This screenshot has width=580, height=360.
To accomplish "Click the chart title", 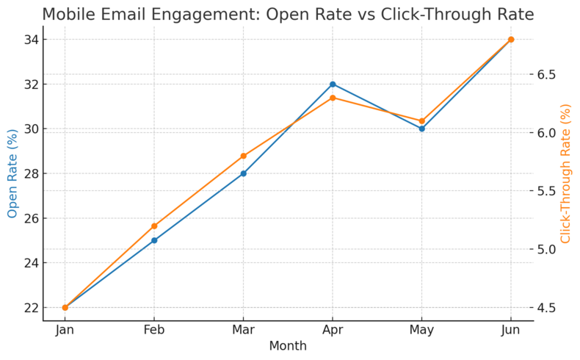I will pyautogui.click(x=288, y=14).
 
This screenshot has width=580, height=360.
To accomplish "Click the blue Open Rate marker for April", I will pyautogui.click(x=333, y=84).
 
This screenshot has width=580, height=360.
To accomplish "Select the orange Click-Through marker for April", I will pyautogui.click(x=333, y=98).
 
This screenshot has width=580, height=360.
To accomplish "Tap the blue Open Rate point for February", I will pyautogui.click(x=154, y=240).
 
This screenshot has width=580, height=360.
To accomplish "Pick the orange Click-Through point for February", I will pyautogui.click(x=154, y=226).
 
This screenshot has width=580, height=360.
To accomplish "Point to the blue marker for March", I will pyautogui.click(x=243, y=173).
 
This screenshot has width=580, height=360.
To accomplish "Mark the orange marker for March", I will pyautogui.click(x=243, y=156).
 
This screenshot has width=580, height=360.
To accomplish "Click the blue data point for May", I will pyautogui.click(x=421, y=129).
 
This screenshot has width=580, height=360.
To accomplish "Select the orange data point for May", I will pyautogui.click(x=421, y=121).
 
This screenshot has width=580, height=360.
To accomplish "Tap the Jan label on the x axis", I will pyautogui.click(x=65, y=331).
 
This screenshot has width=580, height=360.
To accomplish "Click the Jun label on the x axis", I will pyautogui.click(x=511, y=331).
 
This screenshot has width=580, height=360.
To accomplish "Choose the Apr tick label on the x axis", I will pyautogui.click(x=333, y=331).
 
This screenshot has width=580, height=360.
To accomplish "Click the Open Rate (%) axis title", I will pyautogui.click(x=12, y=173).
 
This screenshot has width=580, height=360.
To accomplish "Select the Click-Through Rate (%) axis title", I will pyautogui.click(x=566, y=173).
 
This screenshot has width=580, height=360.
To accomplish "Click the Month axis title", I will pyautogui.click(x=288, y=346).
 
